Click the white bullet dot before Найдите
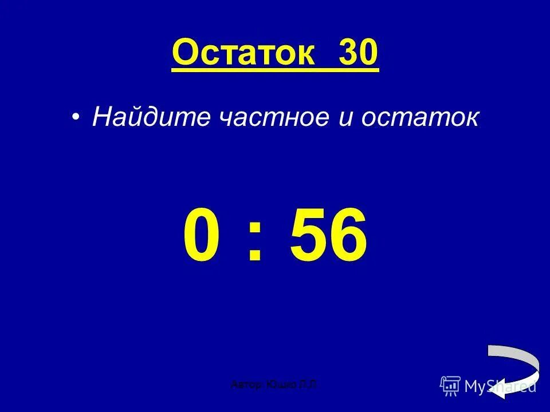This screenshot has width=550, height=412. [76, 117]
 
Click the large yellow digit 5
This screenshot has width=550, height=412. [310, 235]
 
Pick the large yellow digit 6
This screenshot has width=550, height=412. [347, 235]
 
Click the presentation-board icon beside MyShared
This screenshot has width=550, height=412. [450, 386]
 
